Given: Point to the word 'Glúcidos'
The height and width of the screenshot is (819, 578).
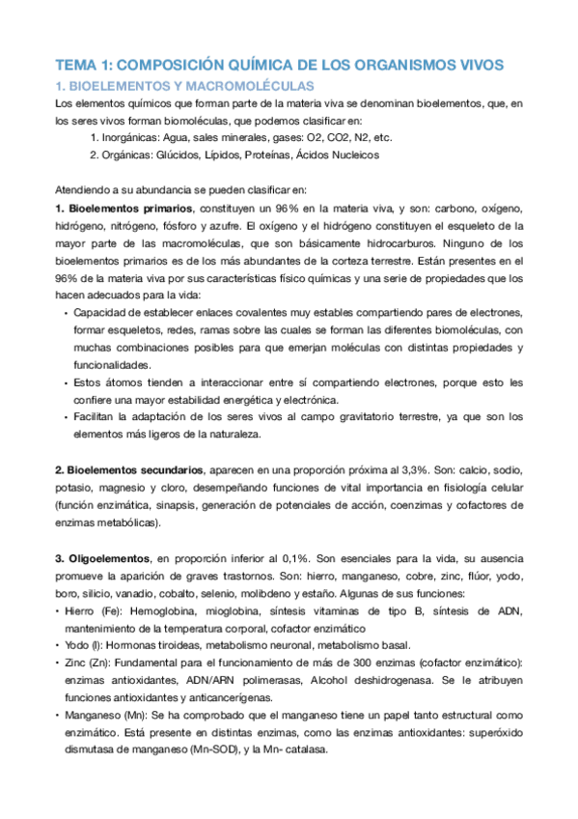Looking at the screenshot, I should coord(186,155).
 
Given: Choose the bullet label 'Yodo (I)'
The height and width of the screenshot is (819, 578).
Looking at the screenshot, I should coord(86,645).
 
